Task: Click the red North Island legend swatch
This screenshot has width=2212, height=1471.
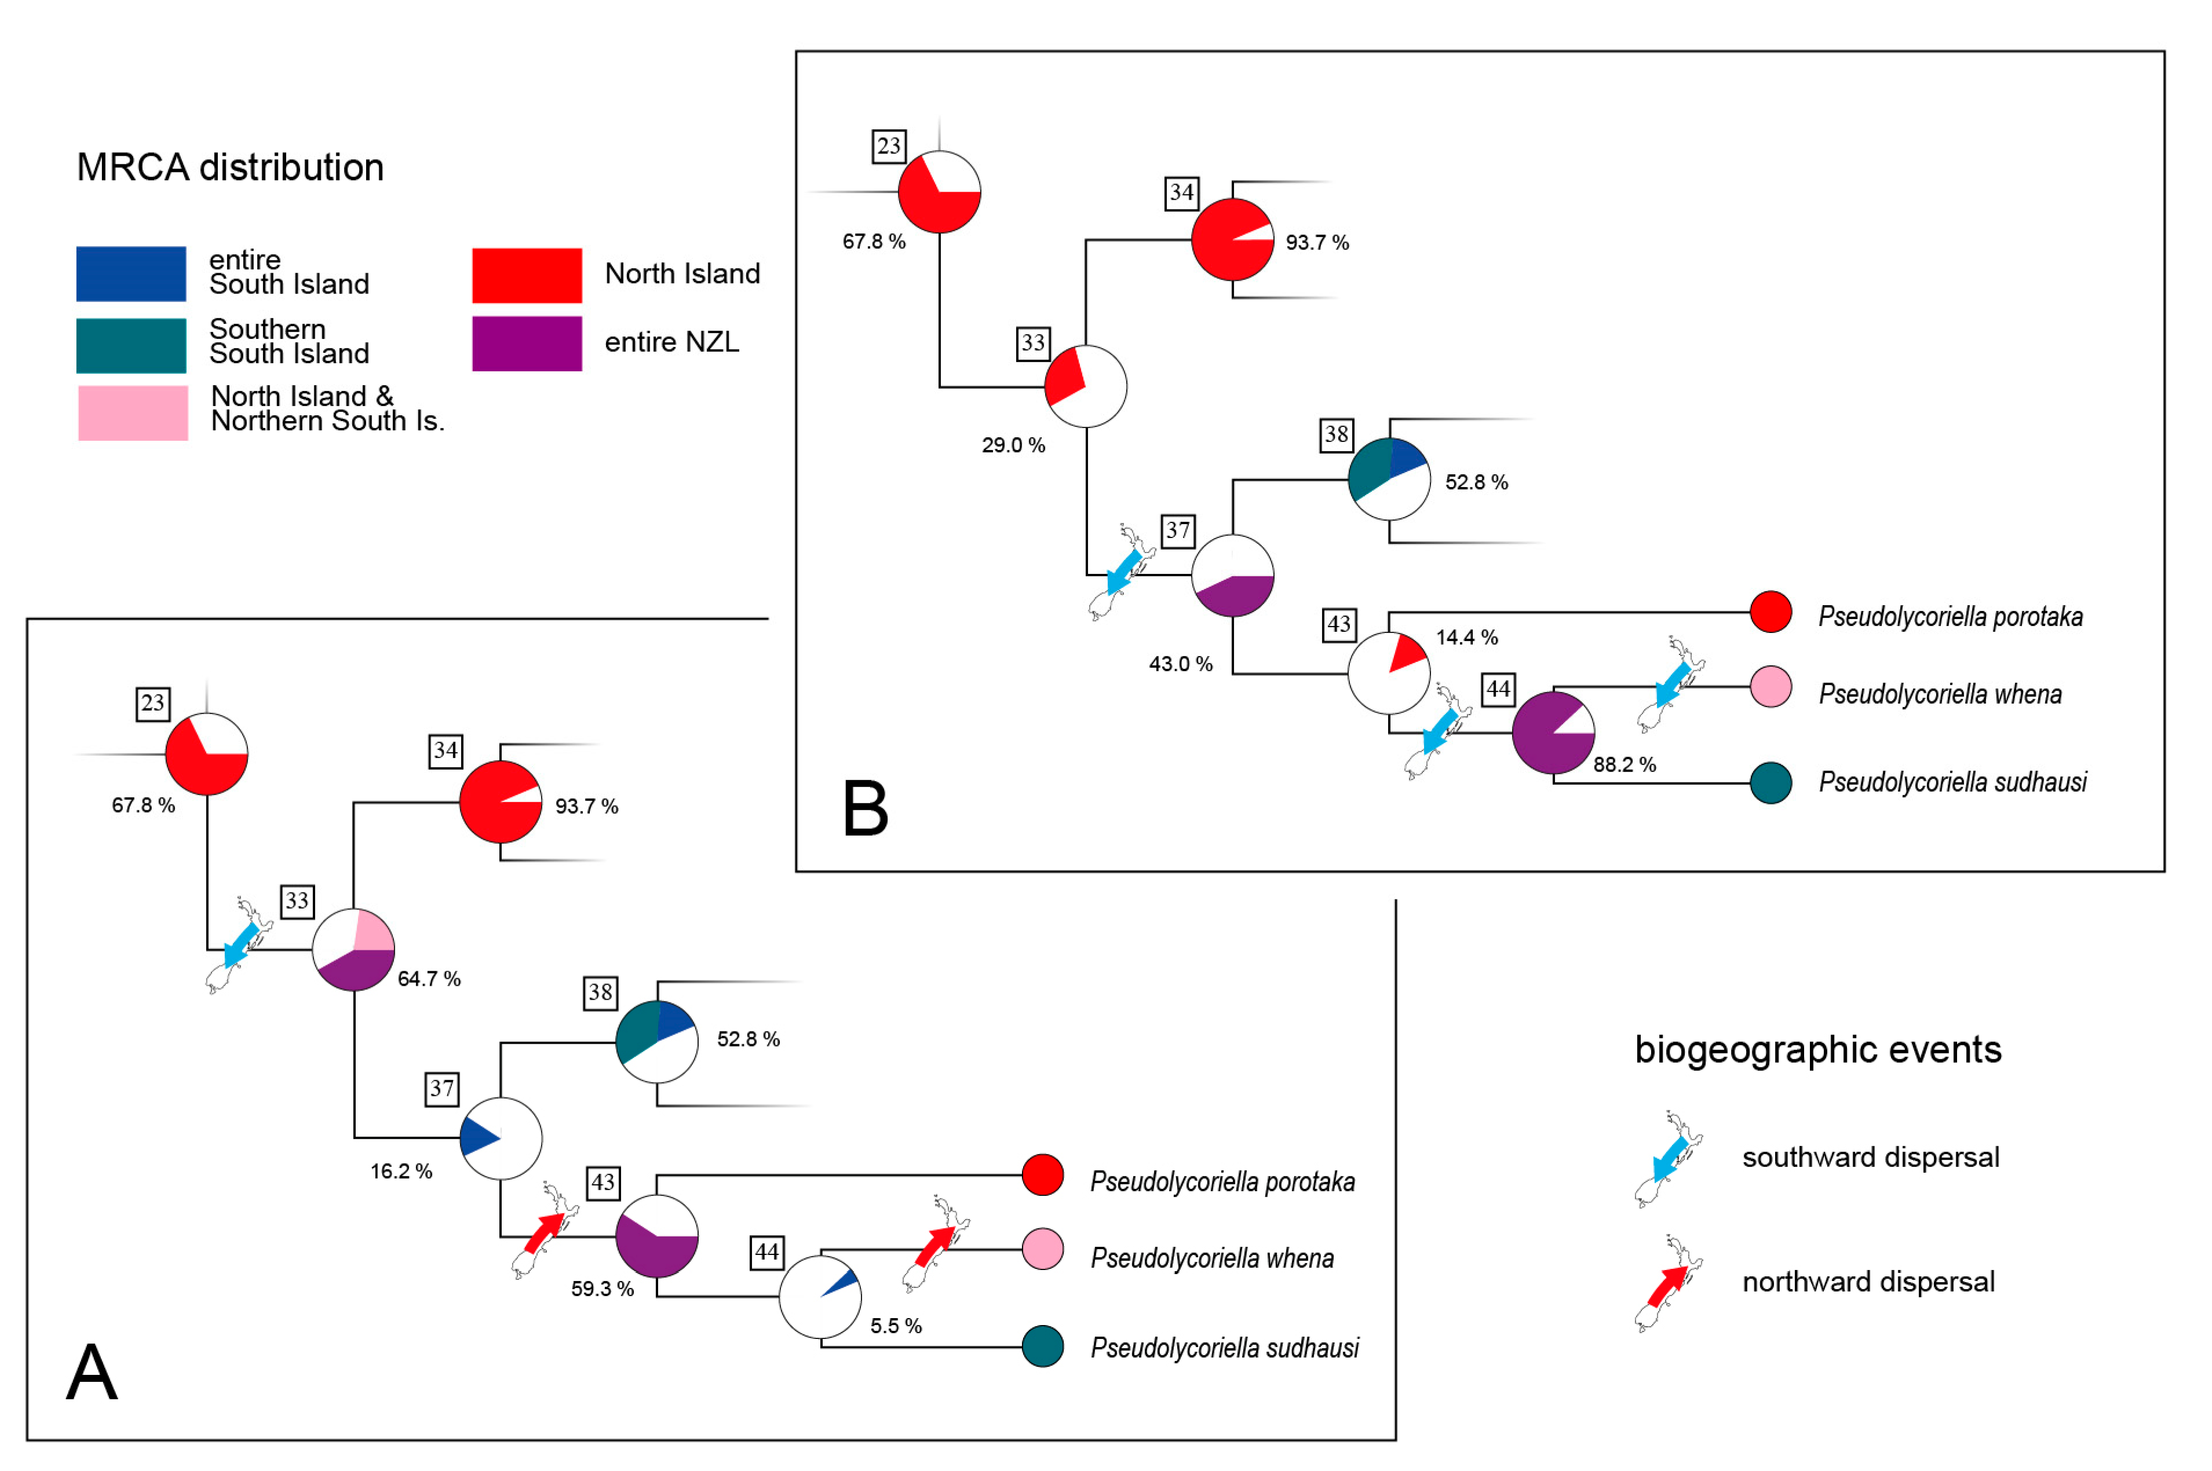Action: [x=527, y=275]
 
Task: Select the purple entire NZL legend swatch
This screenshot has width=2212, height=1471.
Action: [x=527, y=343]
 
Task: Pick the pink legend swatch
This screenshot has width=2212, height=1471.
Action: [x=132, y=413]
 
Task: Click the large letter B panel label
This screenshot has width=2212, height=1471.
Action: [x=864, y=808]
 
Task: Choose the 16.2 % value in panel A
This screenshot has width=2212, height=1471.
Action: [x=401, y=1171]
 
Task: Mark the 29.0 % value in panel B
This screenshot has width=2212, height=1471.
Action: [x=1013, y=445]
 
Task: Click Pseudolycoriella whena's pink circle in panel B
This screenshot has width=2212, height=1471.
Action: [x=1770, y=687]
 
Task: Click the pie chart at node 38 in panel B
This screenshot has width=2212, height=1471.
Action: [x=1389, y=480]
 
